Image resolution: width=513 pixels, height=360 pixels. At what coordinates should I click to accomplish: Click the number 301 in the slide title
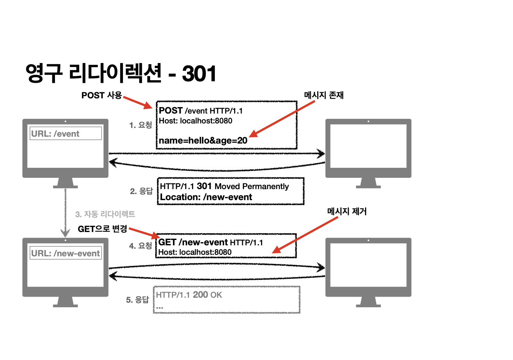click(x=199, y=74)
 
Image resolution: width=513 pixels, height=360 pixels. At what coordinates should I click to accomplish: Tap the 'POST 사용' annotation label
click(x=101, y=95)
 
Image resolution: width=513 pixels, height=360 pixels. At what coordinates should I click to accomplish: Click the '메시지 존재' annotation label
click(x=324, y=95)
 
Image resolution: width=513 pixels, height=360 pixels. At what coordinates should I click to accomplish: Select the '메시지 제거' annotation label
click(x=347, y=212)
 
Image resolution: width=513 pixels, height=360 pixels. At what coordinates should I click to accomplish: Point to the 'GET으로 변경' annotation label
click(x=102, y=229)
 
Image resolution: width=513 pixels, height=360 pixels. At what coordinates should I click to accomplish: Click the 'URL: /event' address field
click(x=66, y=134)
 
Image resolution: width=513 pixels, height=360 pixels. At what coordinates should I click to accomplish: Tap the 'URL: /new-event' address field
click(x=66, y=253)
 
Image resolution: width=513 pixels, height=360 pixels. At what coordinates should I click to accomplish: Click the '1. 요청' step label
click(x=140, y=125)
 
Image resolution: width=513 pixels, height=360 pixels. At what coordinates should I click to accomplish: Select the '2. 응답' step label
click(x=141, y=191)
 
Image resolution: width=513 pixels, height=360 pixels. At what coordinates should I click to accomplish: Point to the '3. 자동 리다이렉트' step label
click(x=105, y=214)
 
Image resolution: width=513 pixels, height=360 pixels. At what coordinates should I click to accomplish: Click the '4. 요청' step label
click(x=140, y=246)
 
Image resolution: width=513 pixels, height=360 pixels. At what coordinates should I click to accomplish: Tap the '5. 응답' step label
click(x=137, y=300)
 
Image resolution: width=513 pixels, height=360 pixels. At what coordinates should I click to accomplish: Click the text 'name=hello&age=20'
click(x=203, y=141)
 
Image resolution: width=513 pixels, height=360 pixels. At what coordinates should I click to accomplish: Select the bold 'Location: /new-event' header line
click(x=206, y=197)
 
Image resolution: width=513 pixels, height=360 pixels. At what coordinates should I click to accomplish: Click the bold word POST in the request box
click(x=171, y=111)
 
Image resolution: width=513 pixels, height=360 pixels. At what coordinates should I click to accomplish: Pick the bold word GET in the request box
click(x=167, y=242)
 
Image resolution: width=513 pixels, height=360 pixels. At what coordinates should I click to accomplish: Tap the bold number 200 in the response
click(x=200, y=295)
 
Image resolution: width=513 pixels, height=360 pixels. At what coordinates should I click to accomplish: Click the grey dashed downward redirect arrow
click(x=65, y=213)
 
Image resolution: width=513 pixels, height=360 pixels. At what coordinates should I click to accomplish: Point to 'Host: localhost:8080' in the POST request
click(x=195, y=121)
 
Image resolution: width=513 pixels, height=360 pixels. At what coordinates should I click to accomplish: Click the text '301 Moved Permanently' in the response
click(x=243, y=186)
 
